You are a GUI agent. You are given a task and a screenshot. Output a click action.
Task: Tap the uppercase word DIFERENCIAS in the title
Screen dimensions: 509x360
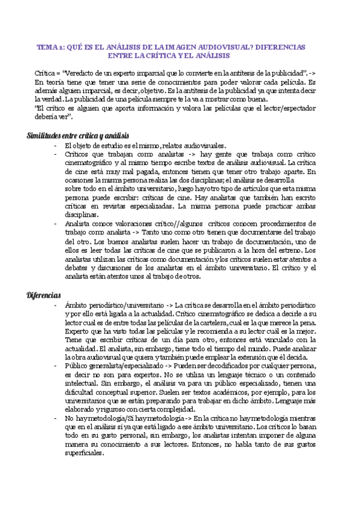pyautogui.click(x=278, y=46)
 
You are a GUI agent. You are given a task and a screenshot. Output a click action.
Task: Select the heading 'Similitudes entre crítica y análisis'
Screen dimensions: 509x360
pyautogui.click(x=78, y=135)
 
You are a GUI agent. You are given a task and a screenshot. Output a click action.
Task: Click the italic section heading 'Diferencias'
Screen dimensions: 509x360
pyautogui.click(x=44, y=295)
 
